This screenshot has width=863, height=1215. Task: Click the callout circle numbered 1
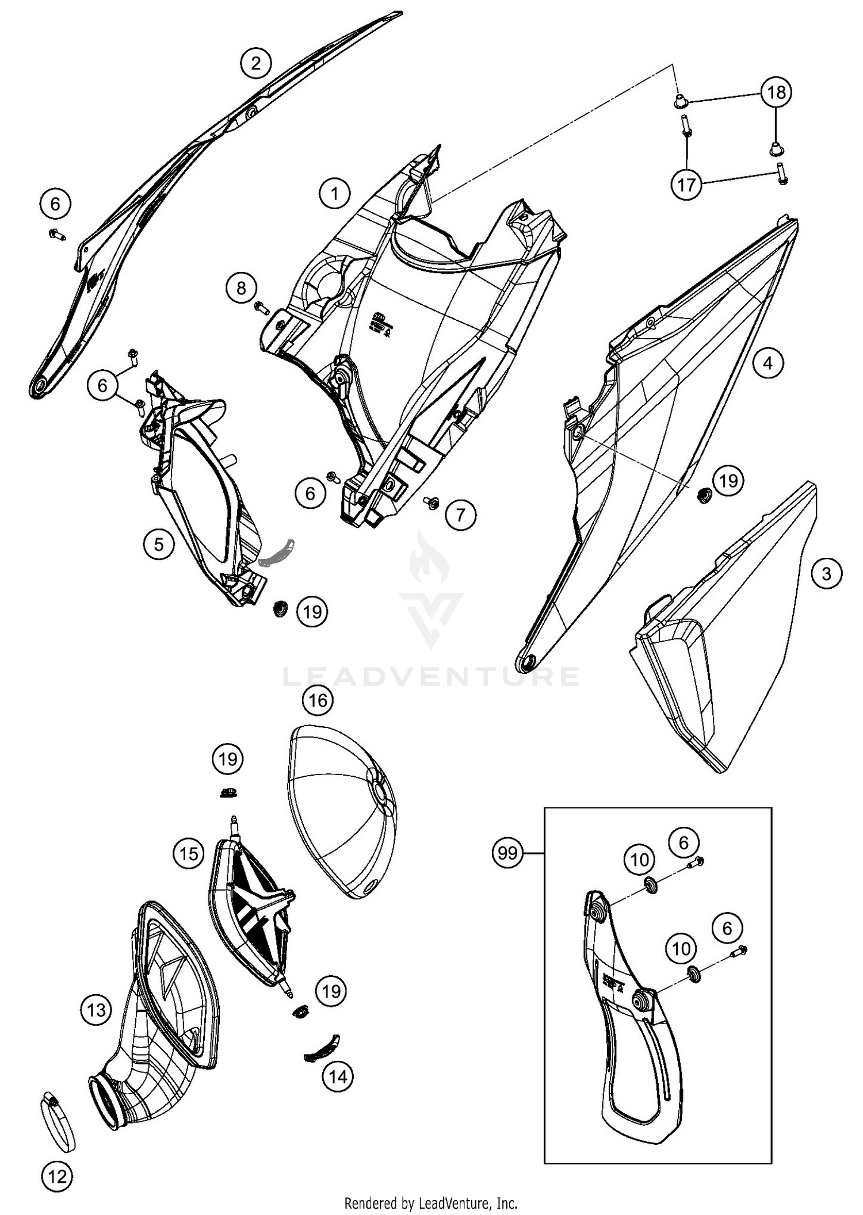(334, 193)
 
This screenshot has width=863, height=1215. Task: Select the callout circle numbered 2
(256, 63)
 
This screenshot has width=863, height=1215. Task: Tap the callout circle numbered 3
(826, 573)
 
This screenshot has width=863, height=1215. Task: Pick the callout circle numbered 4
(767, 363)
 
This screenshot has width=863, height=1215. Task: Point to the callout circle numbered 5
(159, 543)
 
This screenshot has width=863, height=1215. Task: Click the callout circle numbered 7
(460, 514)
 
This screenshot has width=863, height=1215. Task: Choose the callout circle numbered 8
(241, 288)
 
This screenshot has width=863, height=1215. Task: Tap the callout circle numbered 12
(58, 1176)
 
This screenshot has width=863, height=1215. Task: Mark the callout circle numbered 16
(318, 700)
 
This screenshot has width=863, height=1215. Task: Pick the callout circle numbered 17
(686, 185)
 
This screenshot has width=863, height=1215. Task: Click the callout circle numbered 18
(776, 92)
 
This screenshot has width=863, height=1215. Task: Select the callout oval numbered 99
(507, 853)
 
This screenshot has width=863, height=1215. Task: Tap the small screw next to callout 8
(262, 308)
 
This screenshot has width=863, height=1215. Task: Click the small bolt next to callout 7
(431, 503)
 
